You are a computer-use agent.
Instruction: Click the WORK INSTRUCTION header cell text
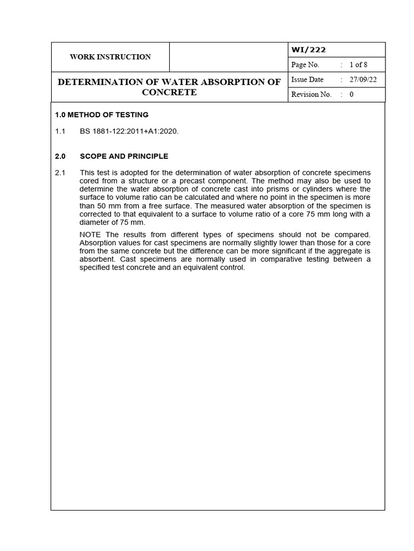pyautogui.click(x=110, y=57)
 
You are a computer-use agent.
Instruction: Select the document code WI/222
pyautogui.click(x=308, y=50)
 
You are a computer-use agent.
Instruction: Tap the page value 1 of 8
pyautogui.click(x=358, y=65)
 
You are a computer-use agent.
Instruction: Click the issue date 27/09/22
pyautogui.click(x=363, y=80)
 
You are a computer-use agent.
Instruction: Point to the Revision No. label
pyautogui.click(x=311, y=94)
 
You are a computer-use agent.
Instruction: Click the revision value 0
pyautogui.click(x=351, y=94)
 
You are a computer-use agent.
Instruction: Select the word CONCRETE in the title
pyautogui.click(x=169, y=92)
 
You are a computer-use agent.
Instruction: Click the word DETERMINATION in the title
pyautogui.click(x=100, y=82)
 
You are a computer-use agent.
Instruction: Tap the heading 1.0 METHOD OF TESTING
pyautogui.click(x=102, y=115)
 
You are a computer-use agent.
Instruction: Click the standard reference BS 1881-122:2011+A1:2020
pyautogui.click(x=129, y=131)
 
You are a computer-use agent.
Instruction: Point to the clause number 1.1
pyautogui.click(x=60, y=131)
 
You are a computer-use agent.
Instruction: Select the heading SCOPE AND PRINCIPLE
pyautogui.click(x=124, y=156)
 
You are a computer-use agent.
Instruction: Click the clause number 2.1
pyautogui.click(x=60, y=172)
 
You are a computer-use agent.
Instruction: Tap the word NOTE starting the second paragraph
pyautogui.click(x=91, y=235)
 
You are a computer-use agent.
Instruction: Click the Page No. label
pyautogui.click(x=305, y=65)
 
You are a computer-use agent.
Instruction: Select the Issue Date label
pyautogui.click(x=307, y=80)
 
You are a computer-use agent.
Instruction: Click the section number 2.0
pyautogui.click(x=60, y=156)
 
